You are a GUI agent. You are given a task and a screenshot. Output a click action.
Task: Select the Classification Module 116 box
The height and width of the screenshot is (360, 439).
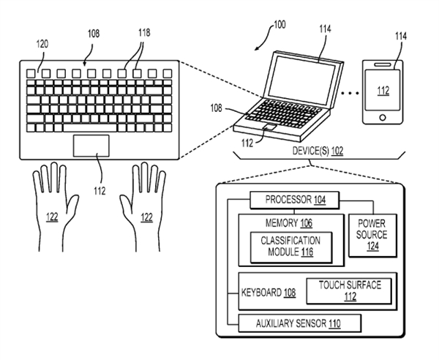point(285,247)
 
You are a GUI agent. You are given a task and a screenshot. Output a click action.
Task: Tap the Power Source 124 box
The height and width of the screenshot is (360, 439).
point(372,235)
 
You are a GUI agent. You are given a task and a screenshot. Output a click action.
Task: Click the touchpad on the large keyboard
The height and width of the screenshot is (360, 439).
point(91,145)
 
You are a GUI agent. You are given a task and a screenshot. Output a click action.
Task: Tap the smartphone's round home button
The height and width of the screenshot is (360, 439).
point(380,118)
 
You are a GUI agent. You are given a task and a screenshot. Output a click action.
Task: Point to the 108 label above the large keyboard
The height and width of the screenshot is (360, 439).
point(94,34)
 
